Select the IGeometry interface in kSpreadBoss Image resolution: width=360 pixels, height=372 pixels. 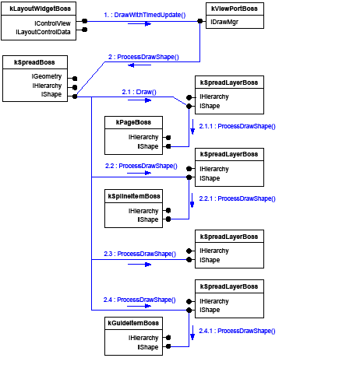click(46, 76)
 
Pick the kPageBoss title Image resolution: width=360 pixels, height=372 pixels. click(129, 123)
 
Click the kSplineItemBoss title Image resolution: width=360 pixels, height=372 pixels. click(133, 196)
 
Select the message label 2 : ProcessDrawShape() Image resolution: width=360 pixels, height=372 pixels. click(143, 57)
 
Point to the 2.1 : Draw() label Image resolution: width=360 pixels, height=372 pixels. click(139, 92)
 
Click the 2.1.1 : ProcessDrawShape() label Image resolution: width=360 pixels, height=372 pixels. click(237, 125)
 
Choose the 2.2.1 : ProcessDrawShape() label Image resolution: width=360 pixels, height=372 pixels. click(237, 198)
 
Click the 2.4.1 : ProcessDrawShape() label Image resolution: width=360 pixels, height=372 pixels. click(237, 331)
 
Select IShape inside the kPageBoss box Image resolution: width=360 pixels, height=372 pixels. click(148, 146)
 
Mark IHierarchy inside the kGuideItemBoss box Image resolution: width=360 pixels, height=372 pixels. click(143, 337)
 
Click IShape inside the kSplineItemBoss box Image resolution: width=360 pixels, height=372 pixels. click(148, 219)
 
